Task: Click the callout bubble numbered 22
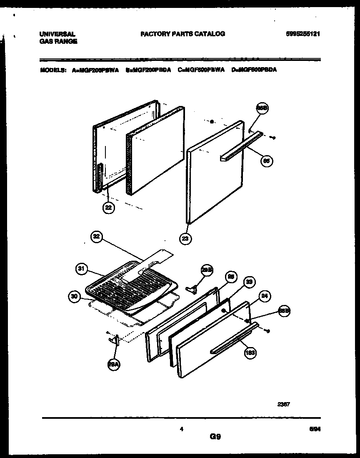click(x=108, y=208)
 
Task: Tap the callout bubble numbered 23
click(x=186, y=239)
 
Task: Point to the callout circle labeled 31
click(x=82, y=269)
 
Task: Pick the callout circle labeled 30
click(x=74, y=297)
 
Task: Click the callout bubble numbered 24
click(x=264, y=297)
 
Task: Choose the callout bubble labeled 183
click(x=250, y=353)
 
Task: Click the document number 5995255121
click(x=303, y=34)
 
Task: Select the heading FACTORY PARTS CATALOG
click(x=182, y=34)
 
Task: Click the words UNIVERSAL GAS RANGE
click(x=58, y=38)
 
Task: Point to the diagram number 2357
click(x=284, y=404)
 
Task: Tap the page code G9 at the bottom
click(x=215, y=437)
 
